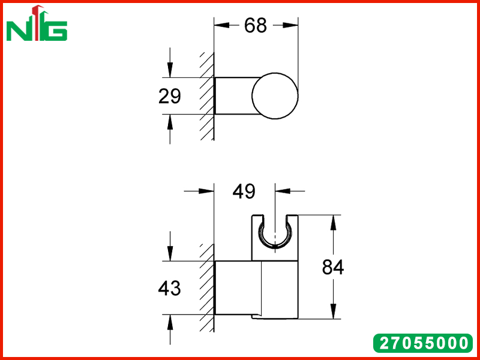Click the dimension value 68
coord(256,26)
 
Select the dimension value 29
coord(170,96)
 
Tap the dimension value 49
coord(244,192)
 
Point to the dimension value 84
coord(333,267)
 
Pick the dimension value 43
coord(169,288)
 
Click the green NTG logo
coord(37,23)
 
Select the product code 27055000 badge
coord(423,343)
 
